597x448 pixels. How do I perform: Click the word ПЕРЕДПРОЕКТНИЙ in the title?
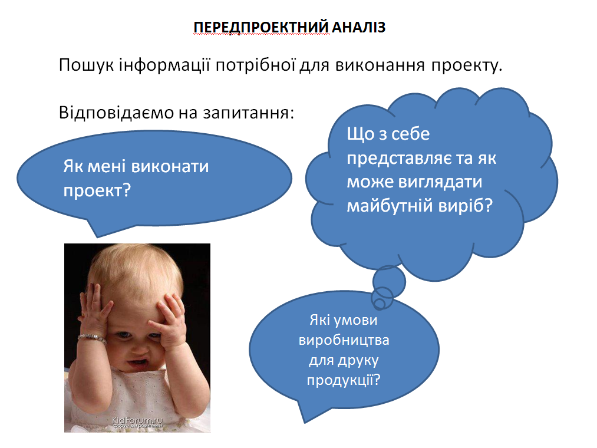261,28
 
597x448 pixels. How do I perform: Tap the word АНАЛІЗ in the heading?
359,28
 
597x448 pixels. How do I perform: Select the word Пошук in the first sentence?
87,65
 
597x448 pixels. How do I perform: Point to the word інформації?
164,65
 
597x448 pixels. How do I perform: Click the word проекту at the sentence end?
464,66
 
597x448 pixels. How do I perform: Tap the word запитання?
246,113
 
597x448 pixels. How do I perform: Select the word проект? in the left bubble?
97,190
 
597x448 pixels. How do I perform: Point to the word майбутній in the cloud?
390,206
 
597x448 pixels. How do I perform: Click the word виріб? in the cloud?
466,205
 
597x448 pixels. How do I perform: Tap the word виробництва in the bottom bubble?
344,340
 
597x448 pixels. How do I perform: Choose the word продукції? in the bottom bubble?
344,380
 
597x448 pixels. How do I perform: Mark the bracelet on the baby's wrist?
92,338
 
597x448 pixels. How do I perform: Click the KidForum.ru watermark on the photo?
137,420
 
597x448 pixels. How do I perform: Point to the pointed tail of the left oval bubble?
97,237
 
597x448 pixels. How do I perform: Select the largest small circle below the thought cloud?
389,282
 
